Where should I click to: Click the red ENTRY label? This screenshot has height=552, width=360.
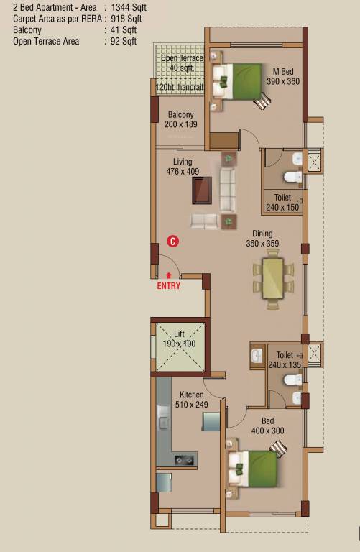tap(169, 285)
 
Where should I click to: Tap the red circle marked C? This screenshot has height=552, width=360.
tap(172, 241)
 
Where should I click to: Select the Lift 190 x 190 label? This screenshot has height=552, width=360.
tap(180, 339)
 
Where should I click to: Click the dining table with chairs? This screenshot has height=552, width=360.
tap(273, 279)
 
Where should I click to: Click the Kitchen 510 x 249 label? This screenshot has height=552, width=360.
tap(192, 400)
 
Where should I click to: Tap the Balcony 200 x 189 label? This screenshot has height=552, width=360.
tap(180, 119)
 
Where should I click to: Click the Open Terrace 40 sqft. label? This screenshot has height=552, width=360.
tap(181, 63)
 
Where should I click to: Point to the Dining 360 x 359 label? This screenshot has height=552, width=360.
tap(262, 239)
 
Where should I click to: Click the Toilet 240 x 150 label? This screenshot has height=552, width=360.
tap(282, 202)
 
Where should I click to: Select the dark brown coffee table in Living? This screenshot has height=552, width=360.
tap(203, 190)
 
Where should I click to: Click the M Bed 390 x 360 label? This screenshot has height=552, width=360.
tap(283, 76)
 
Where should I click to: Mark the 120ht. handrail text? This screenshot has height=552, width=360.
tap(180, 87)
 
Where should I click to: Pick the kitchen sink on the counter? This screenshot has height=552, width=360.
tap(183, 459)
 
